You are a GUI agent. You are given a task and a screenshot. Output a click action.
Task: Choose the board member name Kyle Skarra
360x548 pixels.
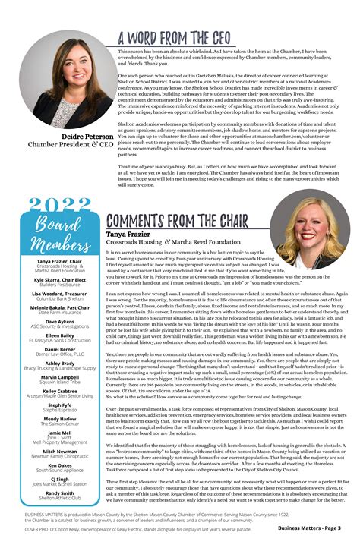click(59, 279)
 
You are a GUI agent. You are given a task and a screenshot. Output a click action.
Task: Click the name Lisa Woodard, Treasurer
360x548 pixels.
click(60, 293)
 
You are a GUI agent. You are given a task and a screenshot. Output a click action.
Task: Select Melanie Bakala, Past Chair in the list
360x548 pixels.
click(60, 307)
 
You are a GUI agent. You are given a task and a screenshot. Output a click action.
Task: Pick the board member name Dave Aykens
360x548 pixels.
click(60, 321)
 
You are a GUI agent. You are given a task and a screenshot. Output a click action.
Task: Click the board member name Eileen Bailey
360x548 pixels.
click(60, 335)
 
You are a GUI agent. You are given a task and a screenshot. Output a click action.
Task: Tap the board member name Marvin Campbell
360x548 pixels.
click(60, 376)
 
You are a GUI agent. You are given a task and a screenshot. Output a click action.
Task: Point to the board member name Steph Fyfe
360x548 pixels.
click(60, 405)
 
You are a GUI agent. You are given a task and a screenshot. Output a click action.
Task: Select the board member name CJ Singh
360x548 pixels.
click(60, 479)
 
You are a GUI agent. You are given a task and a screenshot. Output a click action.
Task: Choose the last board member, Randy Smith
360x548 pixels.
click(60, 493)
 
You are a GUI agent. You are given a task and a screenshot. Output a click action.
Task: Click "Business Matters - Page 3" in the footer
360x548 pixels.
click(308, 528)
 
